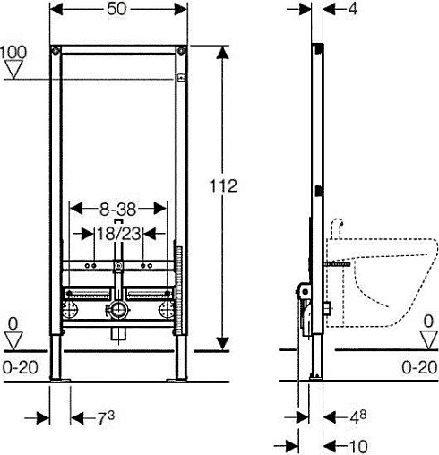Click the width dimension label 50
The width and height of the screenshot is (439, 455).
coord(116,9)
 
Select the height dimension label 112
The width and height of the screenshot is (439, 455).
coord(223,185)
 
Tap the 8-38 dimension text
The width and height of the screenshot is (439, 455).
coord(117,210)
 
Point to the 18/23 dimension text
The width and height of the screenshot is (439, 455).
coord(119,233)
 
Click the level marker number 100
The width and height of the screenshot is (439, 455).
coord(13,52)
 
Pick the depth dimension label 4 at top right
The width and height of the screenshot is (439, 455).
coord(352,9)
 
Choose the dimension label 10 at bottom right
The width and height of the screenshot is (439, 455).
coord(358,447)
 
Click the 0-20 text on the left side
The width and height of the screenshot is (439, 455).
coord(21,367)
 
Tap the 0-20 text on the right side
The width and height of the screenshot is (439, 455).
coord(419,367)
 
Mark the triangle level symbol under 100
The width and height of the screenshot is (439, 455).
coord(14,70)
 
